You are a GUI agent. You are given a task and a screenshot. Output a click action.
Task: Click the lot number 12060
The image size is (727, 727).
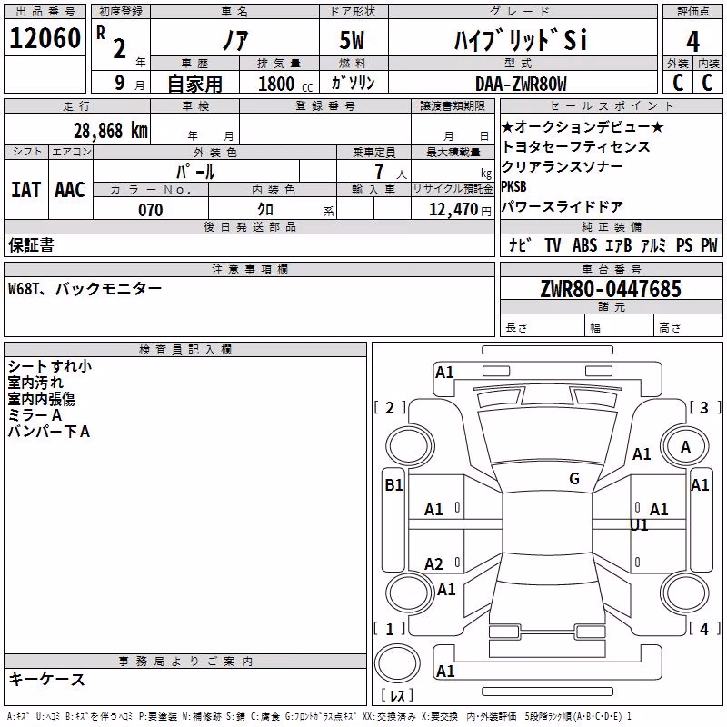45,38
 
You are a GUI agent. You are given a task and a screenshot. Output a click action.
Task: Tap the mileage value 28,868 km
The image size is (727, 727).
111,131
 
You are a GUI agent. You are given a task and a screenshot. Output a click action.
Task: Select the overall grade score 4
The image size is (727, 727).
692,41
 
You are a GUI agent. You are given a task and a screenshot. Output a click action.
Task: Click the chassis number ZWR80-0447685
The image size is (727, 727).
611,288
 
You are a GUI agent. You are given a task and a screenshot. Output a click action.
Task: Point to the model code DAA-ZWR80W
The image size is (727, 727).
521,84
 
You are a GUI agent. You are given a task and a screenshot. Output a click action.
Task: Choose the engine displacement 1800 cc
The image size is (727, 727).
285,84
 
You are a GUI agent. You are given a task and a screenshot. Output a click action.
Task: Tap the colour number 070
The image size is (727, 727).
151,210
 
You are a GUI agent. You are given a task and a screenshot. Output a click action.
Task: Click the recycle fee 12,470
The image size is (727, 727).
453,210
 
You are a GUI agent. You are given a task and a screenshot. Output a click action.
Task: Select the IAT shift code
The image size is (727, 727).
26,190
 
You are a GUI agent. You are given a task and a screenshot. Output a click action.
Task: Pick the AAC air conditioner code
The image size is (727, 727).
70,190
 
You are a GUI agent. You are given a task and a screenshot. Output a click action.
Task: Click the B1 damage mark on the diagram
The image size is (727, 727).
393,485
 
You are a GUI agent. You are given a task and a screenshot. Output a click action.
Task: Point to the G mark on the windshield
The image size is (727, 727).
574,479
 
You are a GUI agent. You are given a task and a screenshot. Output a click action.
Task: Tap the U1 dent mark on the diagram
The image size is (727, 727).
639,525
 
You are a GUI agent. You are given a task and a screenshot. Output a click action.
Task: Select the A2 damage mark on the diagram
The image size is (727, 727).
433,563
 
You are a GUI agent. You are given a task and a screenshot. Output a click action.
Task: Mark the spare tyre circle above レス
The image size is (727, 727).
397,663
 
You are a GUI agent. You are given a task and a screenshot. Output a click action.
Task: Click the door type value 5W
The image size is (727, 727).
352,40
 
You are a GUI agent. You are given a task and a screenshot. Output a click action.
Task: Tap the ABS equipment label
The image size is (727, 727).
584,244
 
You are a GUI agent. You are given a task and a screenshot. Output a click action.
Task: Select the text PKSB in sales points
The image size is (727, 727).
513,186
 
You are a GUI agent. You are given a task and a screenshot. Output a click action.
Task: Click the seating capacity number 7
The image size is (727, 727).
379,172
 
